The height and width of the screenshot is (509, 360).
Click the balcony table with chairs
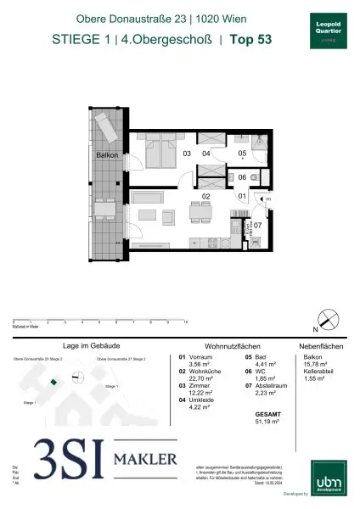click(x=104, y=209)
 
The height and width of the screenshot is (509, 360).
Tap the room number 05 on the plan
click(x=242, y=154)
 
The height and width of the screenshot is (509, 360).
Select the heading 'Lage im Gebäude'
click(x=83, y=347)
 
